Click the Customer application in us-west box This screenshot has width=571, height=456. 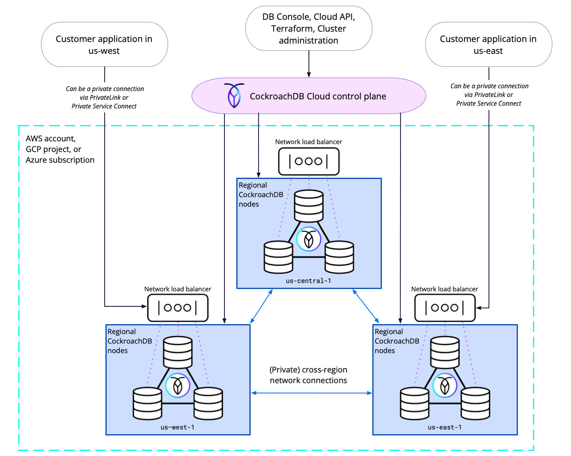tap(104, 44)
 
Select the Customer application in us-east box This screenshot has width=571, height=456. tap(488, 44)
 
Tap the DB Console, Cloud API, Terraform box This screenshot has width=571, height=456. tap(308, 28)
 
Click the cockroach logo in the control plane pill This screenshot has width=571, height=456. tap(234, 95)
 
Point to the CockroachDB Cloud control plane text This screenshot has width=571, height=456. tap(318, 96)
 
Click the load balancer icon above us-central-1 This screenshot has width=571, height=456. tap(308, 161)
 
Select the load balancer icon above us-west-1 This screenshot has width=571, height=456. tap(178, 308)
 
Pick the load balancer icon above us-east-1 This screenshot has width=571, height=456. tap(445, 308)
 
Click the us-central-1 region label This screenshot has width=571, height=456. tap(308, 281)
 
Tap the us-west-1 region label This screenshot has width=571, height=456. tap(178, 427)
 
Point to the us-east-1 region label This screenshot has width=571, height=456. tap(445, 427)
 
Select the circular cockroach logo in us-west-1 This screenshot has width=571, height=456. tap(178, 385)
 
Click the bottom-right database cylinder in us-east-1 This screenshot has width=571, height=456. tap(475, 403)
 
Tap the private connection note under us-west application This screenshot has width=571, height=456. tap(104, 97)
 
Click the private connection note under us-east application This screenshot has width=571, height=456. tap(489, 95)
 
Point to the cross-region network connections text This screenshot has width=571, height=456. tap(308, 375)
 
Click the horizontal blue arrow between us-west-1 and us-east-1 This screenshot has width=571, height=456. tap(311, 393)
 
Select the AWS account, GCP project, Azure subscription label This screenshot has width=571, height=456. tap(60, 149)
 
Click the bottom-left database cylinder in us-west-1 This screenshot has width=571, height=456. tap(147, 403)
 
